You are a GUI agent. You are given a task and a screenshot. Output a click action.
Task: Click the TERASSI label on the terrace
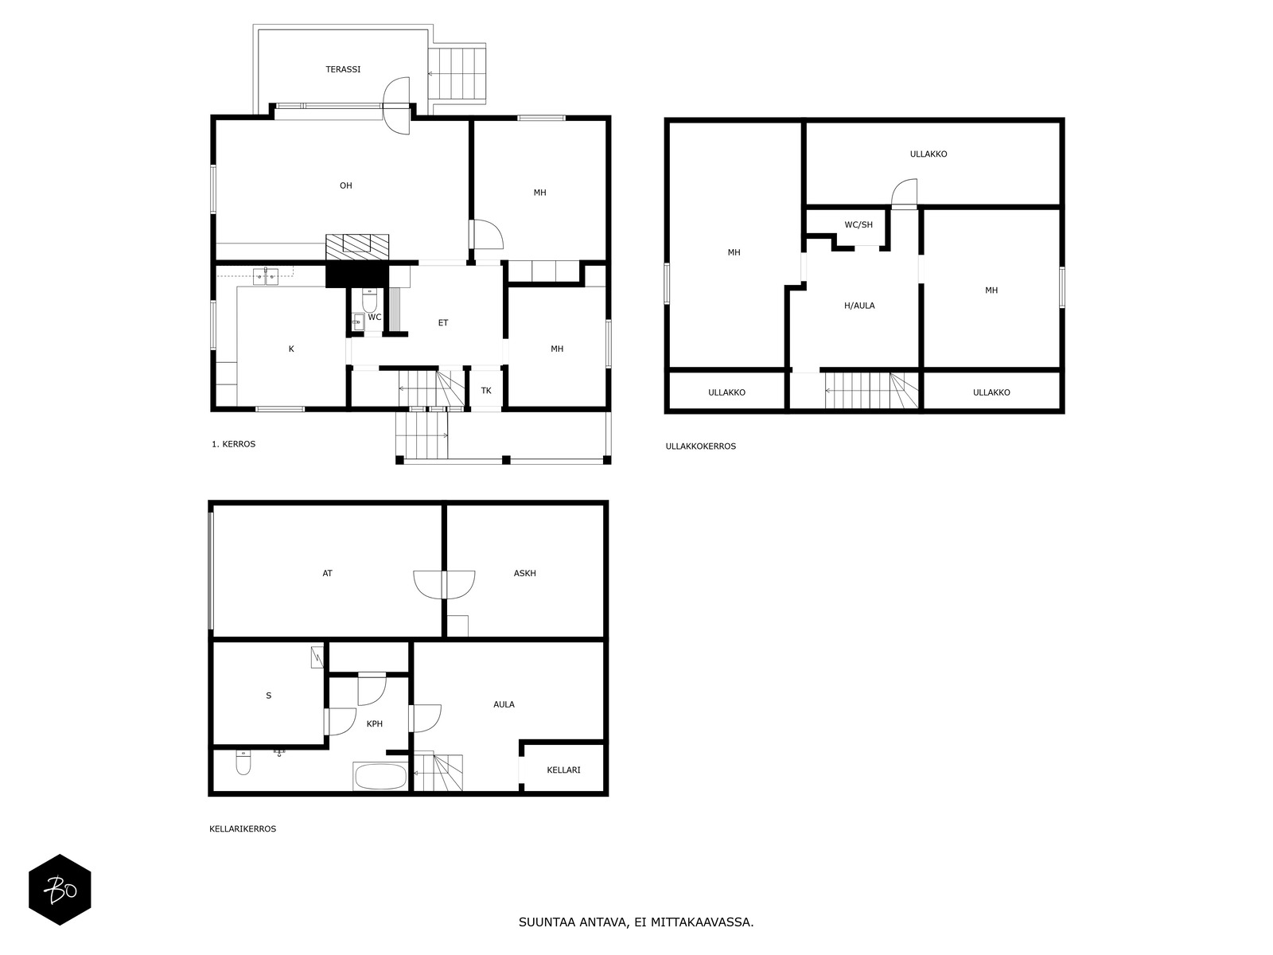(343, 69)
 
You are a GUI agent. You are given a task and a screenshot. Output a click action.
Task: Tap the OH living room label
(345, 185)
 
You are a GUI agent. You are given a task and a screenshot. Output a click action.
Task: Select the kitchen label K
(291, 349)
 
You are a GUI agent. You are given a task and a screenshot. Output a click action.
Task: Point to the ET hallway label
(443, 323)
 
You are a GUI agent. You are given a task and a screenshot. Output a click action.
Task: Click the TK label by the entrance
(486, 391)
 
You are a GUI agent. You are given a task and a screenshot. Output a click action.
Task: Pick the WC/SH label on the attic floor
(858, 225)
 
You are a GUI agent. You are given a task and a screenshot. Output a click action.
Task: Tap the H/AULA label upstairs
(859, 306)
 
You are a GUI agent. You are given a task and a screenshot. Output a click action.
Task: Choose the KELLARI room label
(563, 770)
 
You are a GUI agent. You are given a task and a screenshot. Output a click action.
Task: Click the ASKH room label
(525, 574)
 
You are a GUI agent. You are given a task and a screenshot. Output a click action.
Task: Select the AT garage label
(328, 574)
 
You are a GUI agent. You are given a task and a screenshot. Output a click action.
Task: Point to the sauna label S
(268, 696)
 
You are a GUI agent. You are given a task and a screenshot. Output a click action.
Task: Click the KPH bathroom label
(375, 723)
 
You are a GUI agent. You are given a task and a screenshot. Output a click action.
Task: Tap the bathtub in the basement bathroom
(380, 777)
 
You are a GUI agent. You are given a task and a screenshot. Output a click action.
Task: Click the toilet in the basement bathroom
(243, 763)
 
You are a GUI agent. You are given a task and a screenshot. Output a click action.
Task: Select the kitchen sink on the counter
(266, 277)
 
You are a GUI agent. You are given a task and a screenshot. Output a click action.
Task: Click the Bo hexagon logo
(60, 890)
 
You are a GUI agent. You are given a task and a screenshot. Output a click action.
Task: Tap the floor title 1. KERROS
(234, 444)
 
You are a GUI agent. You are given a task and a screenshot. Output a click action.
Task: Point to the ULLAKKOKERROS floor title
(701, 446)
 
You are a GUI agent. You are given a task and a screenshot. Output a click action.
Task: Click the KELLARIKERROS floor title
(243, 829)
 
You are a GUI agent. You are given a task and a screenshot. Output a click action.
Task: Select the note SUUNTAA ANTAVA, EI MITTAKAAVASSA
(636, 922)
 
